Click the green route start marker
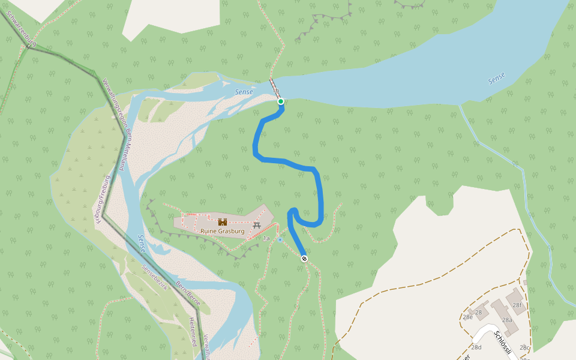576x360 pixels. [280, 101]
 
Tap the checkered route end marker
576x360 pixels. [305, 259]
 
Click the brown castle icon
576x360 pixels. [223, 222]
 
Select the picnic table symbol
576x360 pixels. [257, 225]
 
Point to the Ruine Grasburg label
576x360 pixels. [223, 231]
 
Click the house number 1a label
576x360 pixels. [266, 238]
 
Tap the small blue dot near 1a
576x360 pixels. [280, 240]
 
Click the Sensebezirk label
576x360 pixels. [154, 276]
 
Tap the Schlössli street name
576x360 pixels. [503, 343]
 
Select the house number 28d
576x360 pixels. [476, 347]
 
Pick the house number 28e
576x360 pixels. [467, 317]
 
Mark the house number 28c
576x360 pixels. [524, 347]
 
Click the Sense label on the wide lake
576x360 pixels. [496, 79]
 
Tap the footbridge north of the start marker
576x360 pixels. [274, 88]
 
